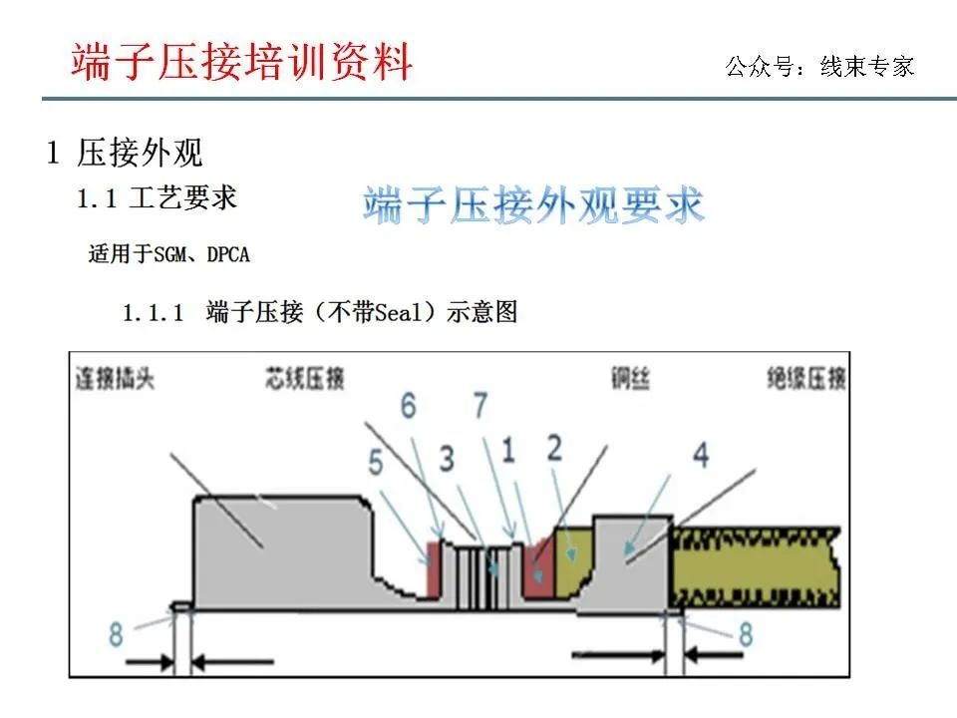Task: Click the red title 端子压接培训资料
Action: pos(241,62)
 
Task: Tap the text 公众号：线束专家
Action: pos(819,67)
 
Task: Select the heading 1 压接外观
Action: pos(126,153)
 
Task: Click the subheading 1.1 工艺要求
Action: pos(158,197)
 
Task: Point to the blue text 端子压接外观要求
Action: pos(533,204)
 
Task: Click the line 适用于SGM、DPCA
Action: pos(168,254)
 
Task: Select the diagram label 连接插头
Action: pos(117,379)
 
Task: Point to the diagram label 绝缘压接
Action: pos(807,379)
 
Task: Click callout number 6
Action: pos(407,406)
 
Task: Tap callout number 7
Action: pos(480,406)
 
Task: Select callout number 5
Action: pos(374,464)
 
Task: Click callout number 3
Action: pos(447,459)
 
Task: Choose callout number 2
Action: pos(554,449)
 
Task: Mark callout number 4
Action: pos(702,456)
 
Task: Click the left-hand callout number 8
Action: pos(116,632)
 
